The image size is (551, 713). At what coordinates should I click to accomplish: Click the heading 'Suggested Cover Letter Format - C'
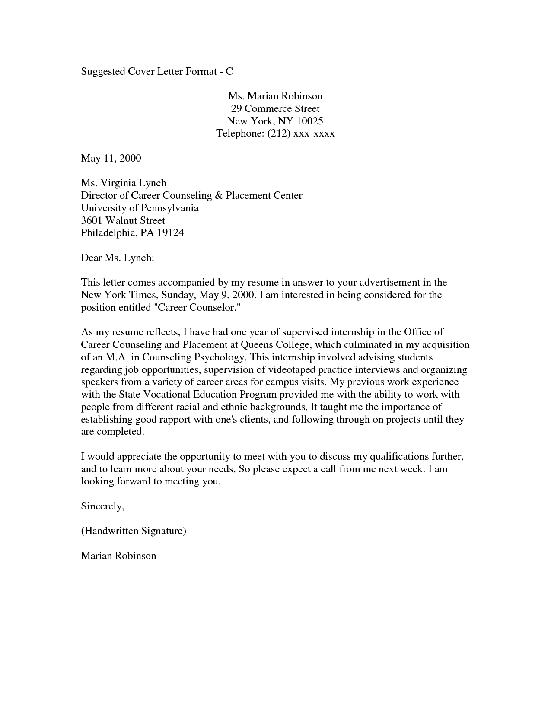point(157,71)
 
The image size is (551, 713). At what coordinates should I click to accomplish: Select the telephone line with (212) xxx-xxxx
point(275,134)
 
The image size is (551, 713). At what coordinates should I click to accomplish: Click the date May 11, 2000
point(111,158)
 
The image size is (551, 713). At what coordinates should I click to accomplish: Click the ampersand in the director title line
point(219,196)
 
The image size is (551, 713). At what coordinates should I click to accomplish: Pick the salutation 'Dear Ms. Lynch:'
point(118,258)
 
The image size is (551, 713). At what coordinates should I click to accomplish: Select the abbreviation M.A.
point(116,357)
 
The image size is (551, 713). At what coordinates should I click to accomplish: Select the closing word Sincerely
point(102,506)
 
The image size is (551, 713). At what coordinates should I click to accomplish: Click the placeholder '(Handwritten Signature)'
point(134,531)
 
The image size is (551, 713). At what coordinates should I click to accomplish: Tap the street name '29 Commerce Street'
point(275,108)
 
